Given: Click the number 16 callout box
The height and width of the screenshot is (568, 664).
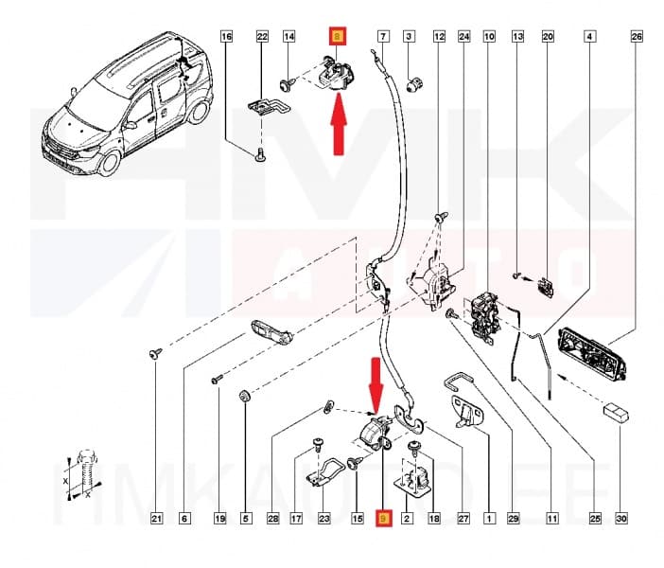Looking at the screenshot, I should [226, 37].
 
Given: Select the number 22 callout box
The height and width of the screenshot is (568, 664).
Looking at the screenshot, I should [262, 37].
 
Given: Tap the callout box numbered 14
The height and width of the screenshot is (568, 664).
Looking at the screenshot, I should [289, 37].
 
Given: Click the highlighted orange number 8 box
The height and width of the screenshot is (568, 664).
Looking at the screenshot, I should [338, 37].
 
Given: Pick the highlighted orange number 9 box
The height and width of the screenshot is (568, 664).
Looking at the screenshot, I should [383, 518].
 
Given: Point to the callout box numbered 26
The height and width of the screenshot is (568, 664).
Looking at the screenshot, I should [636, 37].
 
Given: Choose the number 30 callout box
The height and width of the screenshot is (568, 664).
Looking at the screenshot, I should [621, 518].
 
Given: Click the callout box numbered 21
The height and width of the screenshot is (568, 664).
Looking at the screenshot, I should [158, 518].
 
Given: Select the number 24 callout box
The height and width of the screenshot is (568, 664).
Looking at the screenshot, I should [463, 37].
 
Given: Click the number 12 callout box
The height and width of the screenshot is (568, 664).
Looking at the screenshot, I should [439, 37].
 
